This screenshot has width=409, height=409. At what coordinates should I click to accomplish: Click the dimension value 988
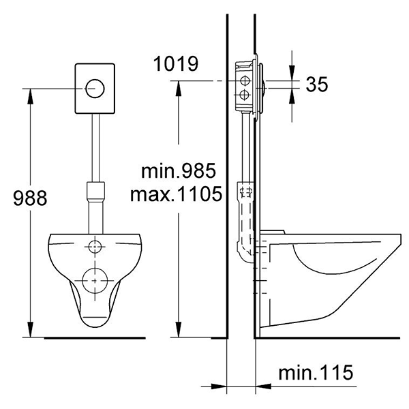point(30,198)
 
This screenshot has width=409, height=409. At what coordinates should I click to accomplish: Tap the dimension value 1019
point(176,63)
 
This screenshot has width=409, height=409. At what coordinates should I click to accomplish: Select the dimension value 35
point(317,84)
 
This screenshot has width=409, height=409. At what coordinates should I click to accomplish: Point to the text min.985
point(179,171)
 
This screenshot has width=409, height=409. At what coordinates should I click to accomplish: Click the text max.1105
point(176,194)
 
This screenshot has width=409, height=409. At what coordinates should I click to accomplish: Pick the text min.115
point(316,372)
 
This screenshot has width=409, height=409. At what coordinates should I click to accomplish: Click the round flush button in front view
point(95,89)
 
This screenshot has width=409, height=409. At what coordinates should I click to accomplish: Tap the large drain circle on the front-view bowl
point(95,281)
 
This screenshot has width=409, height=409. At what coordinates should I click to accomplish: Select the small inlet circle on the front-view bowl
point(95,246)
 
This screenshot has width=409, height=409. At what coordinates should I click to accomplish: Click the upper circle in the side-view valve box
point(245,81)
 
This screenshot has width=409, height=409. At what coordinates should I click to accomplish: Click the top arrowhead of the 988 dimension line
point(31,97)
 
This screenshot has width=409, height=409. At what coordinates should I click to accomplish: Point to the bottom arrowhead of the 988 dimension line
point(31,330)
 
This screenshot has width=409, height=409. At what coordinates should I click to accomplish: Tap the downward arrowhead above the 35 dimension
point(292,73)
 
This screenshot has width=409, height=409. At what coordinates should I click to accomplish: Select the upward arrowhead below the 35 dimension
point(292,96)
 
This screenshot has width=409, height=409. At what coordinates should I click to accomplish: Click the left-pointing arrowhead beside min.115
point(263,387)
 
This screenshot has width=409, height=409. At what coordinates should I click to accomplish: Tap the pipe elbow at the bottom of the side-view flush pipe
point(245,251)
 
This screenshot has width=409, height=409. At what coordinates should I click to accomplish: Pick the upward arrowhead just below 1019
point(179,89)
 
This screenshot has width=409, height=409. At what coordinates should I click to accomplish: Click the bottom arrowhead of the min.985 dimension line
point(179,330)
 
